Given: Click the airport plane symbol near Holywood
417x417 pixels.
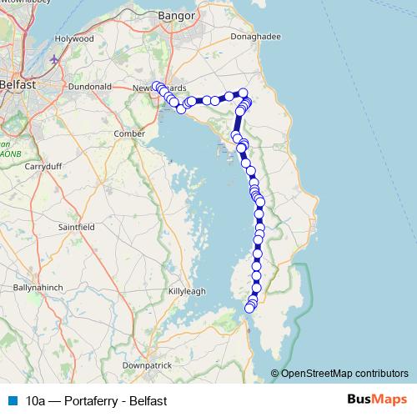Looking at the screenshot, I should point(55,59).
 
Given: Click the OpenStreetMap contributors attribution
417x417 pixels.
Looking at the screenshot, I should point(344,373).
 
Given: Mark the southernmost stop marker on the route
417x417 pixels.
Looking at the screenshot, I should point(249,309).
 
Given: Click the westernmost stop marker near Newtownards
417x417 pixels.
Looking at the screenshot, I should point(156,85).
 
